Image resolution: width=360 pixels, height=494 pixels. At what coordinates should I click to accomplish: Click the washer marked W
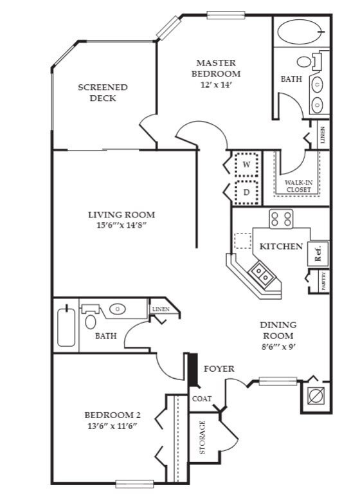[x=247, y=165]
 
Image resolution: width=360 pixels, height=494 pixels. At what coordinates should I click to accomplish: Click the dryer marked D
[x=247, y=192]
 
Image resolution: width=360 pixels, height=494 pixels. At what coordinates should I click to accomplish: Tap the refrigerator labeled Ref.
[x=318, y=253]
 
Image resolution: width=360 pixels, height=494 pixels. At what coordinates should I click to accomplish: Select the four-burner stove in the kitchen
[x=281, y=219]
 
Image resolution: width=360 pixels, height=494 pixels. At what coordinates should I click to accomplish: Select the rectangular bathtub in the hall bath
[x=66, y=325]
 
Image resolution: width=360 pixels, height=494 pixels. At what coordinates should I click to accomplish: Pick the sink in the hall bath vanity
[x=118, y=309]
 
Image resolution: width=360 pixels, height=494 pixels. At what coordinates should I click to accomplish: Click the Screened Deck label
[x=103, y=93]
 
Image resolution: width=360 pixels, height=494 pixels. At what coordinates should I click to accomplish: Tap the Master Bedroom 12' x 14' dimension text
[x=216, y=85]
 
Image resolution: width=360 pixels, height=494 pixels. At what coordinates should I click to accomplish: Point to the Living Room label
[x=122, y=215]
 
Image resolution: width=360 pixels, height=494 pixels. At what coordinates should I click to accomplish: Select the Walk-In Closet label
[x=298, y=186]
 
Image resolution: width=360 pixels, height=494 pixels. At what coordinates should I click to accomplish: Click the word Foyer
[x=219, y=369]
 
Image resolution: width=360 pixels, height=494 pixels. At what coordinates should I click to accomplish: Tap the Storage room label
[x=203, y=437]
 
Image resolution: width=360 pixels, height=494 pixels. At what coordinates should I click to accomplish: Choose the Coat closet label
[x=202, y=399]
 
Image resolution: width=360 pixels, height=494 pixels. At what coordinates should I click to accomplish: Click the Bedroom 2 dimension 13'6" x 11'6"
[x=113, y=426]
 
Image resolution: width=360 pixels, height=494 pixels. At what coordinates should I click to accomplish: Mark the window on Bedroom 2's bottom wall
[x=134, y=484]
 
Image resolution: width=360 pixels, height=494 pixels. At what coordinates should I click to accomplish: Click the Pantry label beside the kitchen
[x=324, y=281]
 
